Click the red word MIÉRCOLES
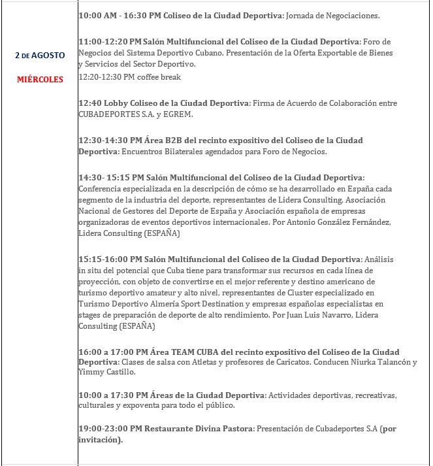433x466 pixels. point(40,80)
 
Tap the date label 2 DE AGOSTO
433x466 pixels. point(40,56)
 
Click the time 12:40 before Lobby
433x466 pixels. point(89,103)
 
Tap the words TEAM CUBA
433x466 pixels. point(189,352)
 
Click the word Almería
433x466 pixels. point(182,304)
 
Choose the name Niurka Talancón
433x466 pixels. point(380,362)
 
